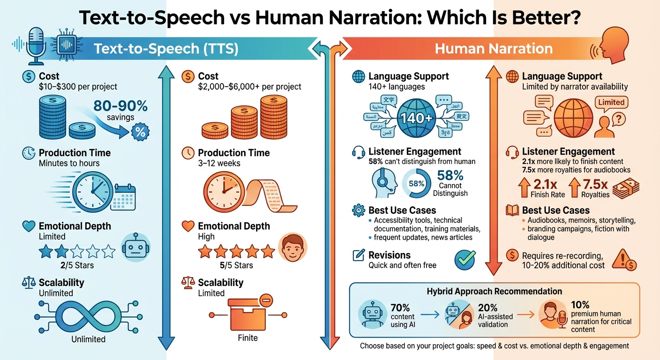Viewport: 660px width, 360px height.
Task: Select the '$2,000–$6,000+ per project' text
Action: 249,87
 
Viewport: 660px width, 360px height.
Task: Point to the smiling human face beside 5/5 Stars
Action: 292,247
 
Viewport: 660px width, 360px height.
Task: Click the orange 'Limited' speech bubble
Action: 611,102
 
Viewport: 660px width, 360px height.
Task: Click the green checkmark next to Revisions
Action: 465,260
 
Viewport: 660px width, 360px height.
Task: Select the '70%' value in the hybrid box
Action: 400,307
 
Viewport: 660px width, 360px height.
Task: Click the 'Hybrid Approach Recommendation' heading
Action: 494,291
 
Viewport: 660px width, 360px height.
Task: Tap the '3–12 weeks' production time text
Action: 219,163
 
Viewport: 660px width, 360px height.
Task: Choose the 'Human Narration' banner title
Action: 494,49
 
